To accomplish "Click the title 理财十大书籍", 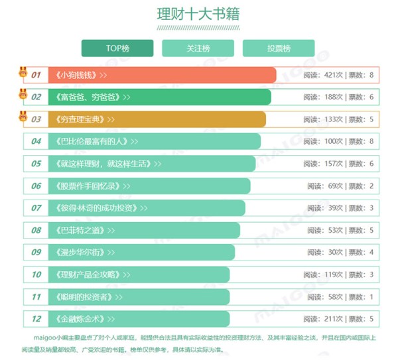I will pos(198,14).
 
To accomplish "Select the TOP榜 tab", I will pos(117,48).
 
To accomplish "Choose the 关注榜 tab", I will pos(198,48).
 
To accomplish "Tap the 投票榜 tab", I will pos(279,48).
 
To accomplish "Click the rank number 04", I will pos(36,141).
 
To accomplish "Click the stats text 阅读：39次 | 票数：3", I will pos(341,208).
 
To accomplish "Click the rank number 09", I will pos(36,253).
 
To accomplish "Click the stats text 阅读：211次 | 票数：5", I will pos(339,319).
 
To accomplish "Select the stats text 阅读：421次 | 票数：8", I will pos(339,75).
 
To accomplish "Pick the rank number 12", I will pos(36,319).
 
